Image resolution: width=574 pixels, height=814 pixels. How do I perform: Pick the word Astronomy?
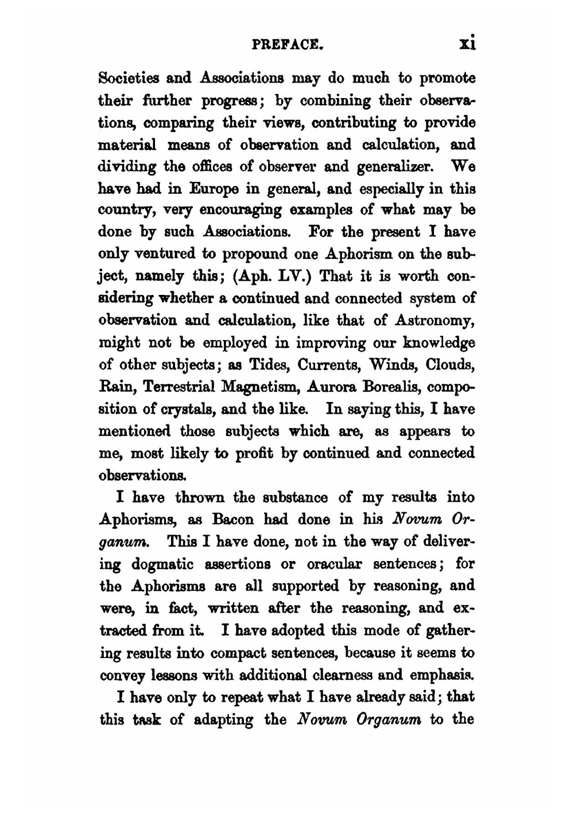click(434, 320)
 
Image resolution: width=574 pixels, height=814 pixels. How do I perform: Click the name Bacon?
click(232, 520)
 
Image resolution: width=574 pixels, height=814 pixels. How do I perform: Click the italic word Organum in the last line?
click(389, 719)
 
